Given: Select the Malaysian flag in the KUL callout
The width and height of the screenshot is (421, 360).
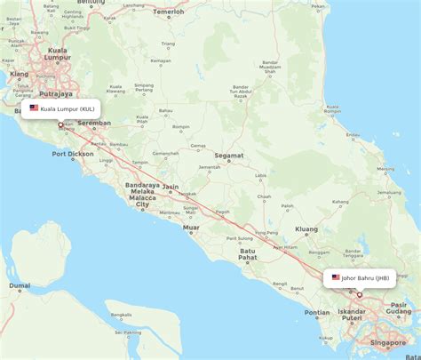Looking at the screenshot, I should click(x=34, y=108).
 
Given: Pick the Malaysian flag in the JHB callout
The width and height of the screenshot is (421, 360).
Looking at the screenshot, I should click(x=336, y=278).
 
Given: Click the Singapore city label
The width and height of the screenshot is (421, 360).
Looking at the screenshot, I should click(x=388, y=342).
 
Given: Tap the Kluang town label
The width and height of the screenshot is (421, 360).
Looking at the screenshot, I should click(x=306, y=228).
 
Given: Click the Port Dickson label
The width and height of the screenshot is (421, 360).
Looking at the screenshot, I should click(x=72, y=154).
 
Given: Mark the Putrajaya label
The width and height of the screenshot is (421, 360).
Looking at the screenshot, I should click(x=56, y=92).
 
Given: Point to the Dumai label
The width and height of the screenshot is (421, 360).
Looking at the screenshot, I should click(x=20, y=285).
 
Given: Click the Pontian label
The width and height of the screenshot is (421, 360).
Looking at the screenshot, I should click(x=316, y=312).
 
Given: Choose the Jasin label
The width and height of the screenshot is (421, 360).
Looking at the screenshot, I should click(x=170, y=188).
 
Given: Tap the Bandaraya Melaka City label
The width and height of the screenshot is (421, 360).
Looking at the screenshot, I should click(x=142, y=195).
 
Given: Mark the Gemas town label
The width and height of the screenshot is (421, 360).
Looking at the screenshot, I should click(x=198, y=146).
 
